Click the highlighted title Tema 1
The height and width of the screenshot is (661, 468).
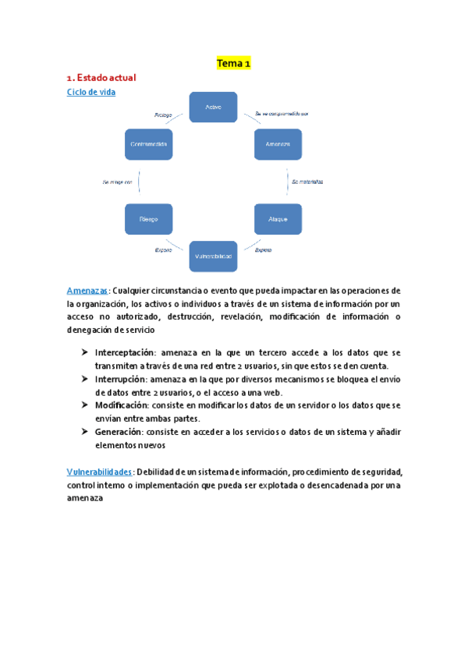pyautogui.click(x=234, y=63)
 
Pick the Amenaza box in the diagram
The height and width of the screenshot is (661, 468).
pyautogui.click(x=278, y=144)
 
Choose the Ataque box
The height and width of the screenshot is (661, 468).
pyautogui.click(x=278, y=219)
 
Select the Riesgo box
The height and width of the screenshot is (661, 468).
pyautogui.click(x=148, y=219)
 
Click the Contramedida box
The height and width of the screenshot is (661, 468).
pyautogui.click(x=148, y=144)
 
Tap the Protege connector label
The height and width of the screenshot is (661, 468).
pyautogui.click(x=163, y=115)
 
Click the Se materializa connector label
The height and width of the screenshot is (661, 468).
pyautogui.click(x=307, y=181)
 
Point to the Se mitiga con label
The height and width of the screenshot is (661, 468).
pyautogui.click(x=118, y=182)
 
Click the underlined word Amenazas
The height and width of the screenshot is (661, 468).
pyautogui.click(x=87, y=290)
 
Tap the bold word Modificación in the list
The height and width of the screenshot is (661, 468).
pyautogui.click(x=122, y=405)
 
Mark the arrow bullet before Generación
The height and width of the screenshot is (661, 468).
pyautogui.click(x=84, y=432)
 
